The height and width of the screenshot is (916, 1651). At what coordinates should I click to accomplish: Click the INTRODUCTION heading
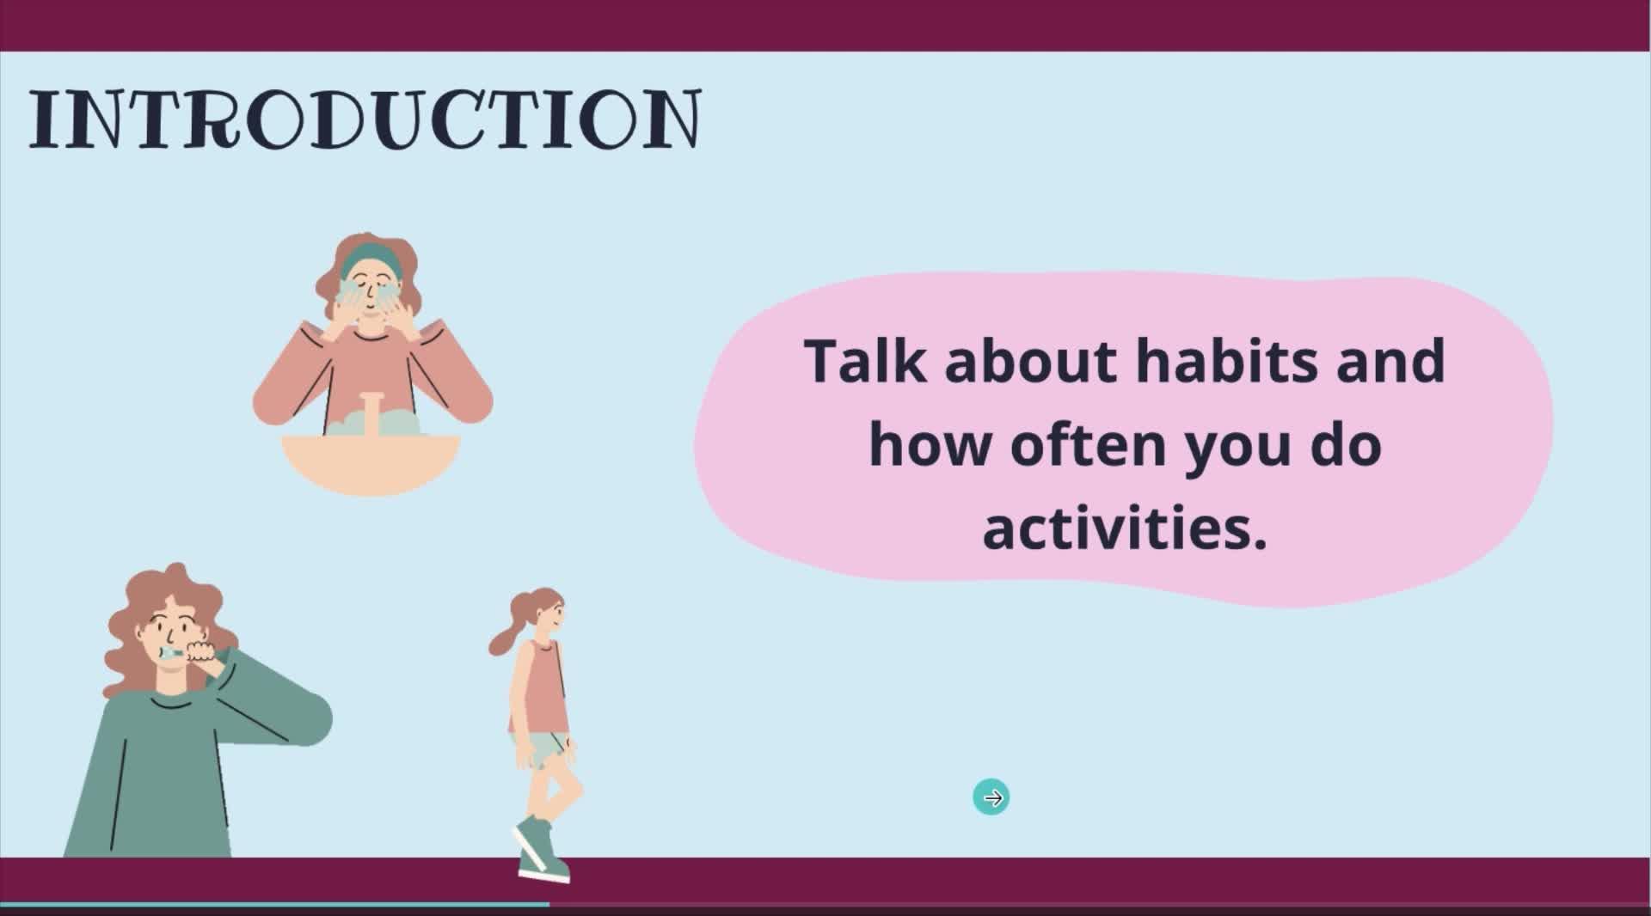(365, 119)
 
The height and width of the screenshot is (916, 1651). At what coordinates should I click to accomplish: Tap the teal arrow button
(991, 798)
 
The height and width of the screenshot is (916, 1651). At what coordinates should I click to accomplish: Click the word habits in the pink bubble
(1227, 361)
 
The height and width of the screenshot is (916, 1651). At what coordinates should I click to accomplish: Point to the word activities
(1125, 527)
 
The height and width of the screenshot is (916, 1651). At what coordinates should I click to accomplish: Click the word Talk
(866, 361)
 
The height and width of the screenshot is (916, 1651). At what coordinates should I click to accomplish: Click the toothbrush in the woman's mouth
(172, 654)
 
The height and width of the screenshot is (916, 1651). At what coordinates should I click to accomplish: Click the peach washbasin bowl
(371, 464)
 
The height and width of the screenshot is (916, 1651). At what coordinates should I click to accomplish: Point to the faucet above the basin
(371, 412)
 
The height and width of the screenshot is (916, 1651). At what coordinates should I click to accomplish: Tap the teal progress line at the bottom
(275, 904)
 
